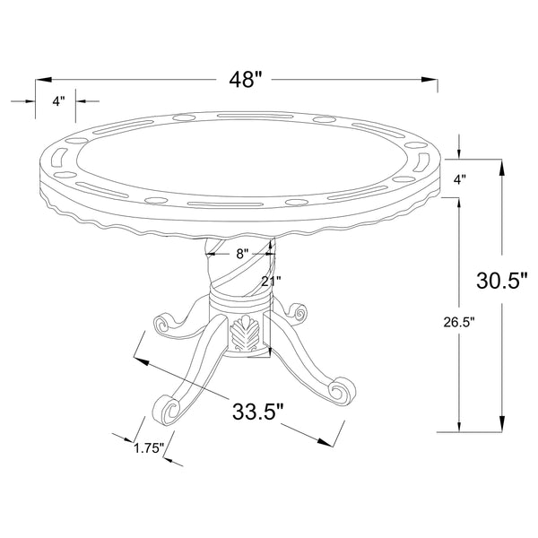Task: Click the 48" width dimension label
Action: [x=246, y=80]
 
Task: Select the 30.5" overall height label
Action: [x=501, y=280]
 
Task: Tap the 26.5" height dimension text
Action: [x=459, y=322]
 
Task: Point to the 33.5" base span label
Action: [x=258, y=412]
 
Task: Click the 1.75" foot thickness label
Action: [x=149, y=448]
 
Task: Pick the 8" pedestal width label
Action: [x=241, y=254]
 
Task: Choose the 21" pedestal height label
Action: [x=271, y=282]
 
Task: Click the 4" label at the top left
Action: [x=58, y=101]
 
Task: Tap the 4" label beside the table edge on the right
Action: [x=459, y=179]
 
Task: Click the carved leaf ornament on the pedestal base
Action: [x=245, y=334]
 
